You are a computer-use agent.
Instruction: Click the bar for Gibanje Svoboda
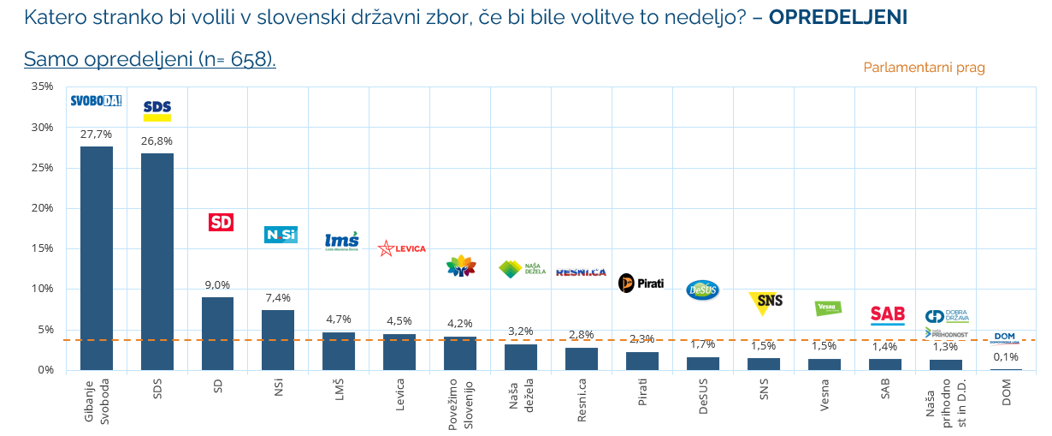click(x=96, y=258)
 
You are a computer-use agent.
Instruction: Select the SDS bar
click(x=157, y=261)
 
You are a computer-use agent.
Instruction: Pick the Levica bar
click(x=399, y=351)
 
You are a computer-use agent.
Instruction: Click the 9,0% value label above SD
click(x=217, y=285)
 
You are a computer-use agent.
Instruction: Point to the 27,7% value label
click(x=96, y=134)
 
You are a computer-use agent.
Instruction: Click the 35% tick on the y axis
click(x=42, y=87)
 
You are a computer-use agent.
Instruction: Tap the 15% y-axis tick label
click(x=42, y=248)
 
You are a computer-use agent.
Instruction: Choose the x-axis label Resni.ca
click(x=582, y=397)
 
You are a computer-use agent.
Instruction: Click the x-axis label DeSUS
click(x=703, y=397)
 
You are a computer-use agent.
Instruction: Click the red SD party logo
click(x=221, y=222)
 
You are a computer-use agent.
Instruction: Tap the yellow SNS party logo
click(x=765, y=302)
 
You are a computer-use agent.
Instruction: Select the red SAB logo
click(x=887, y=314)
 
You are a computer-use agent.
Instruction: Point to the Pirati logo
click(x=641, y=283)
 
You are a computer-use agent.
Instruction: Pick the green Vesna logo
click(x=827, y=308)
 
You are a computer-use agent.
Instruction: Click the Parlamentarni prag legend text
click(x=924, y=68)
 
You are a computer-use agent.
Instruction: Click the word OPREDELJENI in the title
click(x=838, y=17)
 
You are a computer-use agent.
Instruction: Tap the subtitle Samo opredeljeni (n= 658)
click(x=150, y=59)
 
